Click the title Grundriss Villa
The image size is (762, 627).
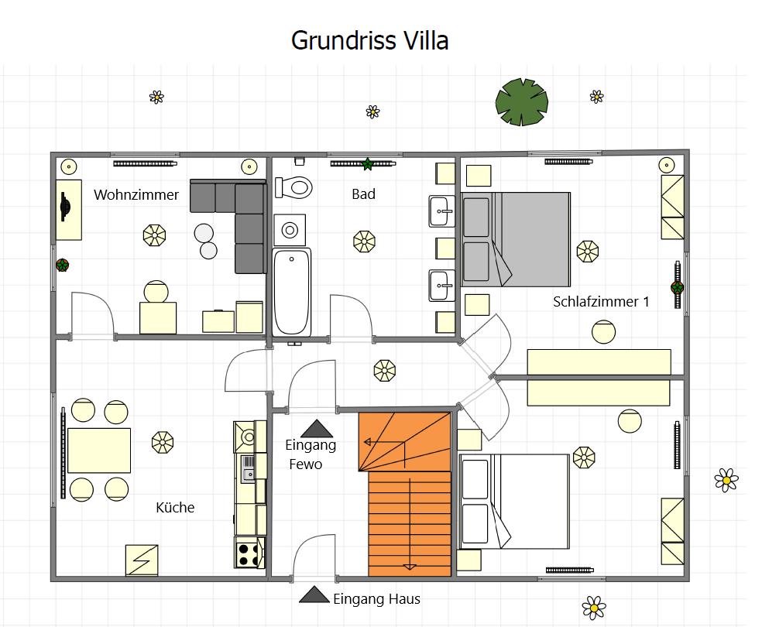pos(369,40)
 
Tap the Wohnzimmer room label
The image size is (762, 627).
pos(136,195)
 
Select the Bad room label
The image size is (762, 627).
pos(363,194)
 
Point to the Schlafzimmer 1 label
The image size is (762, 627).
pos(601,302)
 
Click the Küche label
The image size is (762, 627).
pos(175,508)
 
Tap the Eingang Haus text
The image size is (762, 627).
pos(376,599)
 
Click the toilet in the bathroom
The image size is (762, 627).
pos(293,187)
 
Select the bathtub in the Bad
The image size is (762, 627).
pos(292,292)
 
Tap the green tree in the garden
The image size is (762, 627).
pos(521,102)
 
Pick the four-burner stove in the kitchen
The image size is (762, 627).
pos(249,553)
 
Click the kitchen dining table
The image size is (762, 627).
pos(99,451)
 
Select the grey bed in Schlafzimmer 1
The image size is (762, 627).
pos(516,239)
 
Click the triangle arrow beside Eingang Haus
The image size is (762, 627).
pos(314,595)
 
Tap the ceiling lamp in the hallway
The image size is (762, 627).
pos(384,371)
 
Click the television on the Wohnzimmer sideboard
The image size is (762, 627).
pos(65,207)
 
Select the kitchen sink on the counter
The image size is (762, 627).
pos(249,468)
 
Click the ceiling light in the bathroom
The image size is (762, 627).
pos(364,242)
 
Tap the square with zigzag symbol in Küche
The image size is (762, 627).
pos(142,560)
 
